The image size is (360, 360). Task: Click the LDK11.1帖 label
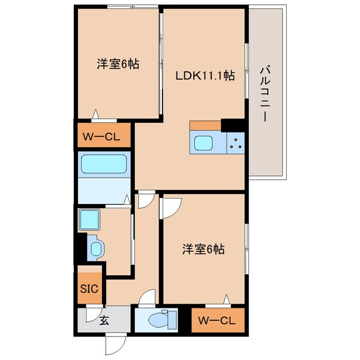[205, 76]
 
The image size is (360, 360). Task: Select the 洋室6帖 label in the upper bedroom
[118, 63]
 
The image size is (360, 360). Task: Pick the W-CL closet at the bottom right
[218, 320]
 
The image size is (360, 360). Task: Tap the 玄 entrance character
[104, 321]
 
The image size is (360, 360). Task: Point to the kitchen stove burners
[235, 143]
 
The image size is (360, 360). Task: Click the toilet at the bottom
[159, 320]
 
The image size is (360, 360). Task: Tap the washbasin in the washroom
[95, 248]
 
